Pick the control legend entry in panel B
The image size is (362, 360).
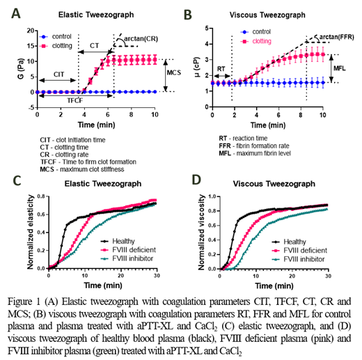259,31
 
